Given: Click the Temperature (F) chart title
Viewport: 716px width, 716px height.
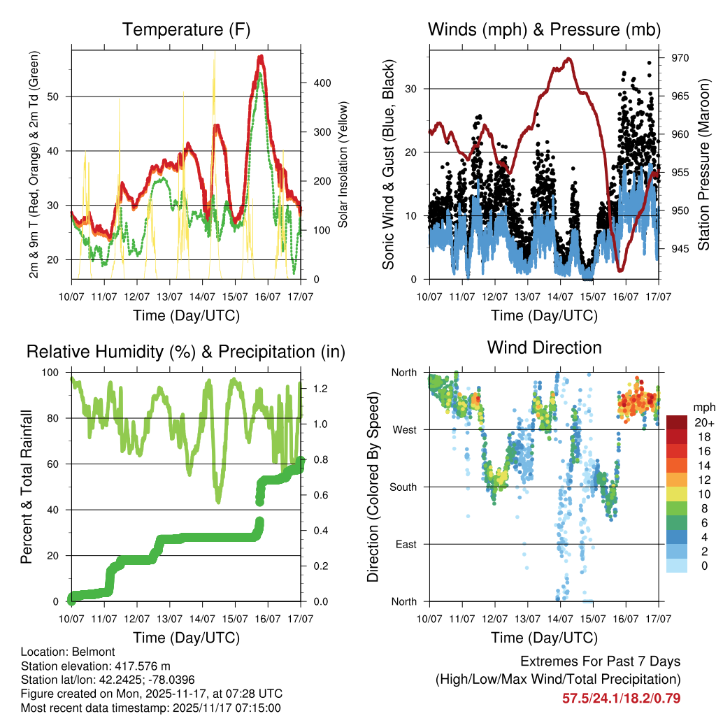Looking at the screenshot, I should pyautogui.click(x=186, y=30).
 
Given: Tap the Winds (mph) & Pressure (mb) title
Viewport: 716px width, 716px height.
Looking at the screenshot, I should pyautogui.click(x=544, y=30).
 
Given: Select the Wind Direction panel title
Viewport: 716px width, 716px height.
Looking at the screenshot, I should pyautogui.click(x=544, y=348).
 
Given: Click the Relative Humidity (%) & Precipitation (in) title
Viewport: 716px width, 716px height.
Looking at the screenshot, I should pyautogui.click(x=186, y=352).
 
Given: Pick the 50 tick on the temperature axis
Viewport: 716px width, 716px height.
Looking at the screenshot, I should pyautogui.click(x=59, y=96).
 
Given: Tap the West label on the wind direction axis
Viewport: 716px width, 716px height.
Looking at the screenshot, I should pyautogui.click(x=405, y=429).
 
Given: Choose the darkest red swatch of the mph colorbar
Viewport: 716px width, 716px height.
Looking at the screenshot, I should pyautogui.click(x=678, y=422).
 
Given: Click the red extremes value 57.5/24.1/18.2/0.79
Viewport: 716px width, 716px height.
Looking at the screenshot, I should pyautogui.click(x=621, y=698).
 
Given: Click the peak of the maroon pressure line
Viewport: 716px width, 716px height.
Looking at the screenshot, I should pyautogui.click(x=568, y=59).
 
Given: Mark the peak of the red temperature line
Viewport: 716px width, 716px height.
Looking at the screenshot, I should pyautogui.click(x=260, y=56).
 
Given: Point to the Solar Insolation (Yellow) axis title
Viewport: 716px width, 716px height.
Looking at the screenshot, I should pyautogui.click(x=344, y=164).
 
